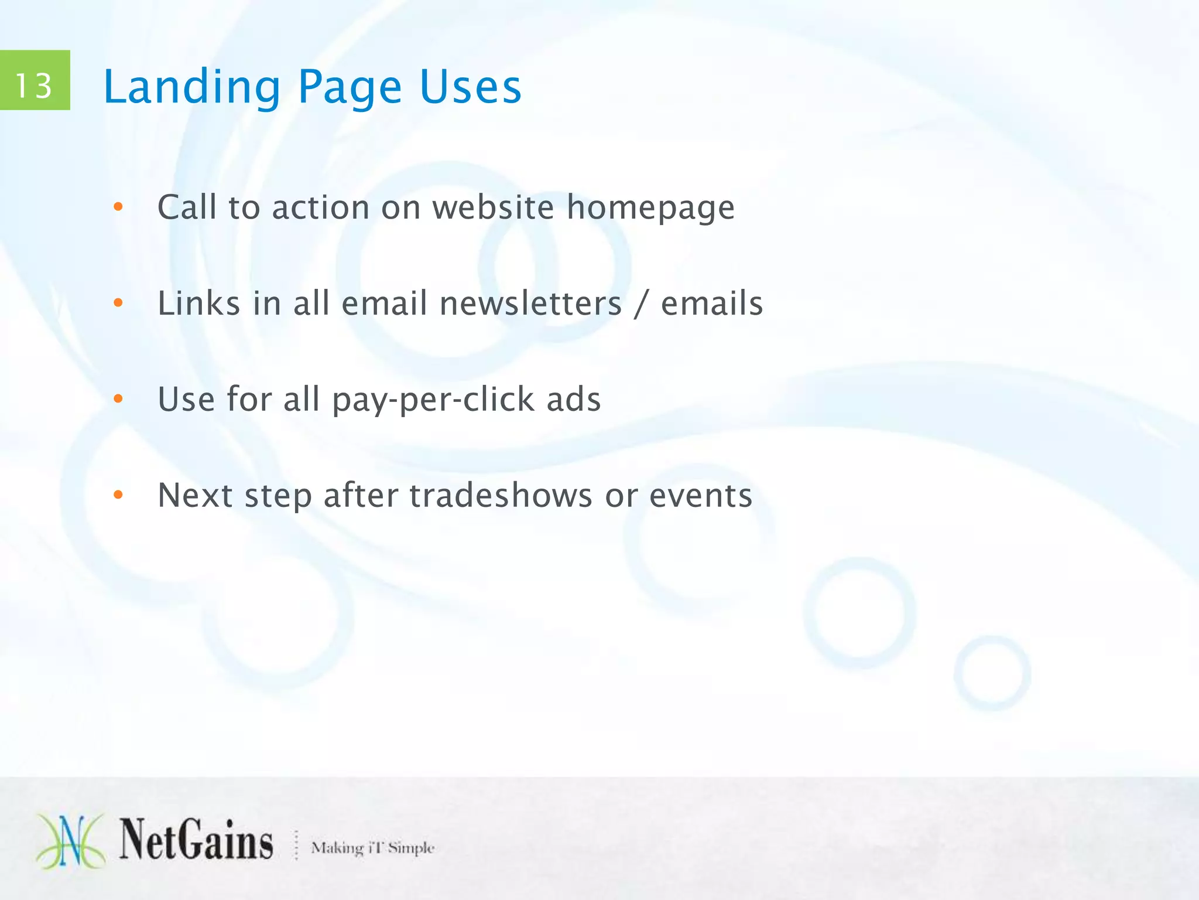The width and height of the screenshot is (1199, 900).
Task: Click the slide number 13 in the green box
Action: (x=34, y=86)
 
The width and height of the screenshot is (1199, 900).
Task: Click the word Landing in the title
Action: (x=191, y=87)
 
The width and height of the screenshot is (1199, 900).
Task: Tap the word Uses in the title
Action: (x=470, y=87)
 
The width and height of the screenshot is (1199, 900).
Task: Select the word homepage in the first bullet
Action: (x=650, y=209)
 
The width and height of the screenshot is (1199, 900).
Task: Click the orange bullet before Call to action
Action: (x=118, y=207)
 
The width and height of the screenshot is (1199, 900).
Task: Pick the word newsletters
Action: (x=530, y=304)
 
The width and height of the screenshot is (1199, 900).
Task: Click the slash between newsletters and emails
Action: (x=642, y=304)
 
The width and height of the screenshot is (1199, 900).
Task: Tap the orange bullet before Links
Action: (x=118, y=303)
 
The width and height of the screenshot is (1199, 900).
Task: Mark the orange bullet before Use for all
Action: (x=118, y=399)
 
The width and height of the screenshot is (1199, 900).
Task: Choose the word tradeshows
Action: (x=501, y=496)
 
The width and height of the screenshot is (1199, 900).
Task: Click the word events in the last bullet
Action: (x=700, y=496)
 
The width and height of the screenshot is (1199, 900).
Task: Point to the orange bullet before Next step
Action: (x=118, y=495)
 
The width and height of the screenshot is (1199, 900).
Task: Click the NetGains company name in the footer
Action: (x=196, y=841)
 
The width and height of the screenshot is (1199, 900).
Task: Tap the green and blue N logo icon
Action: (x=71, y=841)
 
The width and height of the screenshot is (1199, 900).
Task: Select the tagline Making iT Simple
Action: (x=372, y=848)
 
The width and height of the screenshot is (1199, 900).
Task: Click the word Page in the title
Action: (x=350, y=87)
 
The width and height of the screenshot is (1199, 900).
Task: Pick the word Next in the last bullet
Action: (x=196, y=496)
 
